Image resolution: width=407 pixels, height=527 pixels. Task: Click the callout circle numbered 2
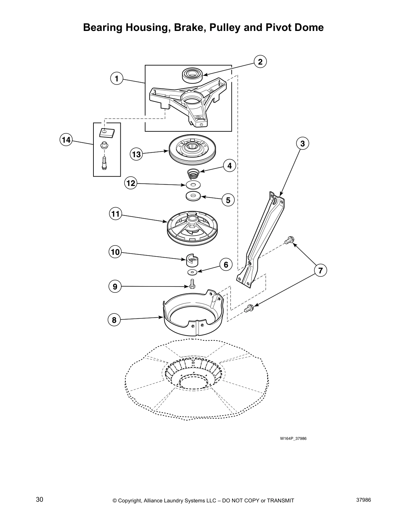(260, 62)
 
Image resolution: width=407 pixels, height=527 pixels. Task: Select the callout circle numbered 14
(66, 140)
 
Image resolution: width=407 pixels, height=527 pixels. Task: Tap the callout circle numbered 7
(320, 270)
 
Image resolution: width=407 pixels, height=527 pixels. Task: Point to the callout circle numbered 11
(115, 214)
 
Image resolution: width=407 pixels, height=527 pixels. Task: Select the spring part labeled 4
(192, 173)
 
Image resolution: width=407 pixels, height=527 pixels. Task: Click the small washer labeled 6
(192, 272)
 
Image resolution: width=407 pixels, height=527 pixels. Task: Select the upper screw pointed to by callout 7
(289, 240)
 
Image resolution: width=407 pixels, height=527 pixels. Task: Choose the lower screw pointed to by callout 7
(249, 308)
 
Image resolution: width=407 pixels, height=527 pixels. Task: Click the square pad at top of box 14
(106, 133)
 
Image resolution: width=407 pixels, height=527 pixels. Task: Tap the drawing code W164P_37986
(293, 438)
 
